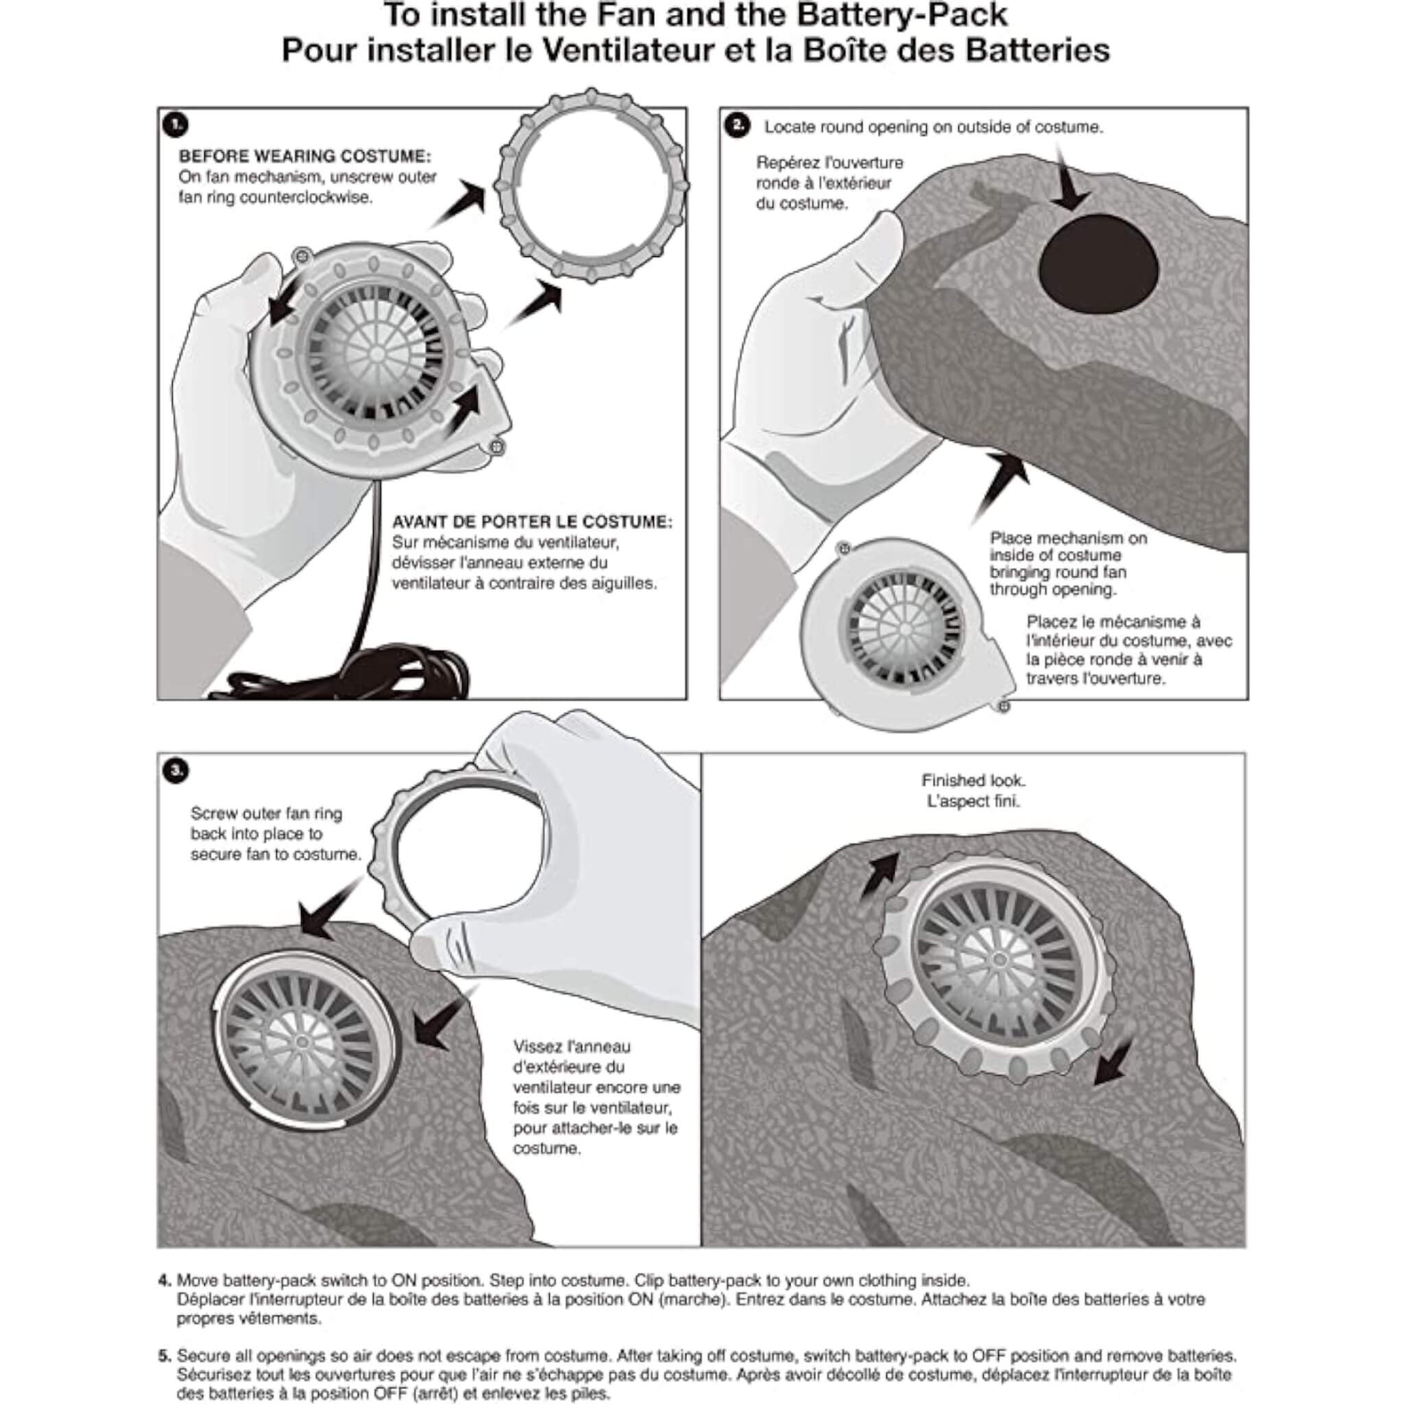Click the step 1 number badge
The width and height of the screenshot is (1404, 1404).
click(175, 125)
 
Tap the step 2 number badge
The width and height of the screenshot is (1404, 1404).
click(737, 125)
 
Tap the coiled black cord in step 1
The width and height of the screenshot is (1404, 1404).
click(407, 673)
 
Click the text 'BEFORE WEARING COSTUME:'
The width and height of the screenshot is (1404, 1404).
click(304, 156)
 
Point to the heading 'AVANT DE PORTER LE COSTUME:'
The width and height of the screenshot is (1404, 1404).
click(532, 522)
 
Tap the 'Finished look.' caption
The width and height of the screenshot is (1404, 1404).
click(973, 780)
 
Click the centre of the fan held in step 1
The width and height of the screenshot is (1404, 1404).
click(376, 353)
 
